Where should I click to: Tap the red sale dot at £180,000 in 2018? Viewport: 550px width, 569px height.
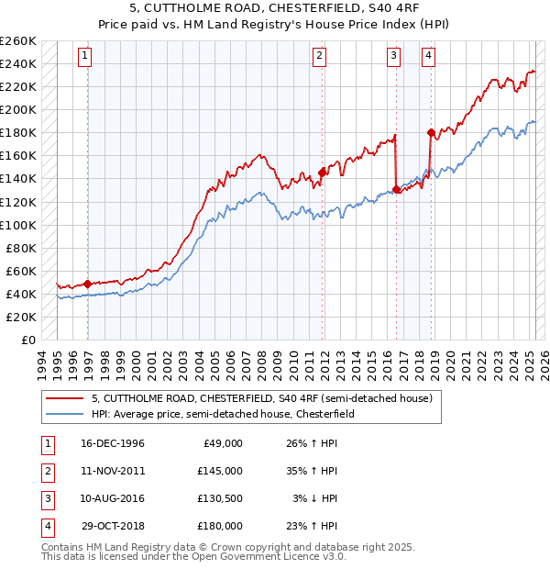tap(431, 132)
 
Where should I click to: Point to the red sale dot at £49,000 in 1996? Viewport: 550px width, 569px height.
tap(87, 284)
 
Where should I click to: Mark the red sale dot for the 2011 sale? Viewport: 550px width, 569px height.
tap(322, 172)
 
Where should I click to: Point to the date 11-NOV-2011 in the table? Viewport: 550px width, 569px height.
tap(113, 471)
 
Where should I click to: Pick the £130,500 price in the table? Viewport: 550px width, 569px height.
tap(220, 498)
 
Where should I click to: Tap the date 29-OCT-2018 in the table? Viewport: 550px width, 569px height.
tap(113, 526)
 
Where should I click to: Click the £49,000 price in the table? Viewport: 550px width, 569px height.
tap(223, 443)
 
